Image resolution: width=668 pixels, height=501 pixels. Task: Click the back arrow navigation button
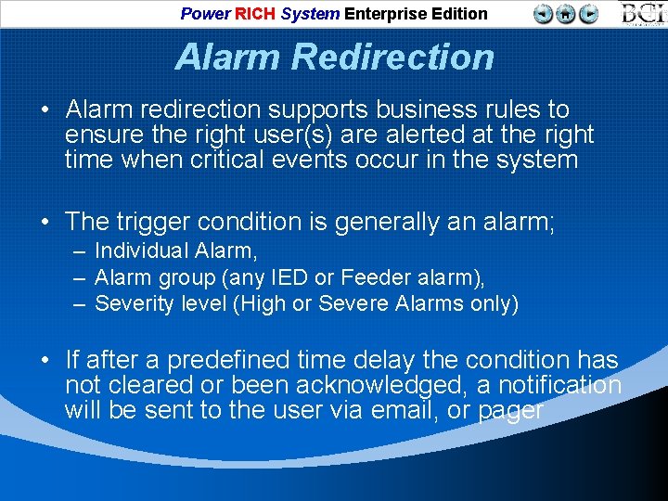coord(544,14)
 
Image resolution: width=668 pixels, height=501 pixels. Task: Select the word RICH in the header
coord(255,14)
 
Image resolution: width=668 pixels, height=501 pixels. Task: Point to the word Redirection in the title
coord(392,58)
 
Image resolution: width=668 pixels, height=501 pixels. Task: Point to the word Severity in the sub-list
coord(132,303)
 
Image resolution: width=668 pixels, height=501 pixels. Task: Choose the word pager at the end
coord(509,410)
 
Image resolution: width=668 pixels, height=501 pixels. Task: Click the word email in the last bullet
coord(401,410)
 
